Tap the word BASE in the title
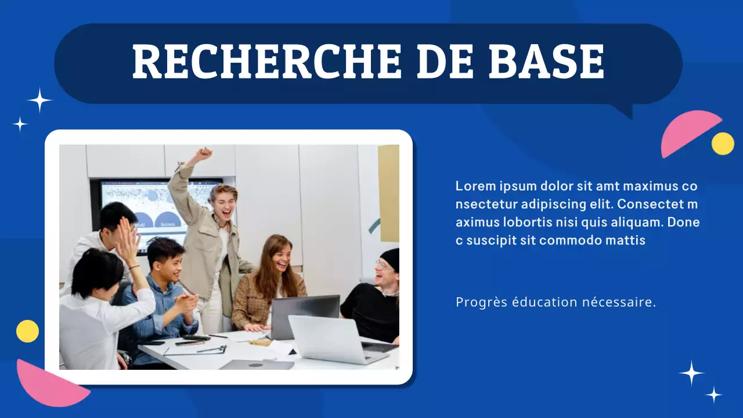(546, 61)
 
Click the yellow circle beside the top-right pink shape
(723, 143)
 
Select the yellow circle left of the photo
(27, 331)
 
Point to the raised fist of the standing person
(203, 154)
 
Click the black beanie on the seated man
(391, 259)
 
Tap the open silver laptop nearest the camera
(330, 340)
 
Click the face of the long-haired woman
(280, 255)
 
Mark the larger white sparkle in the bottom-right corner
(691, 373)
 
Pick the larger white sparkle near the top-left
(39, 100)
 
